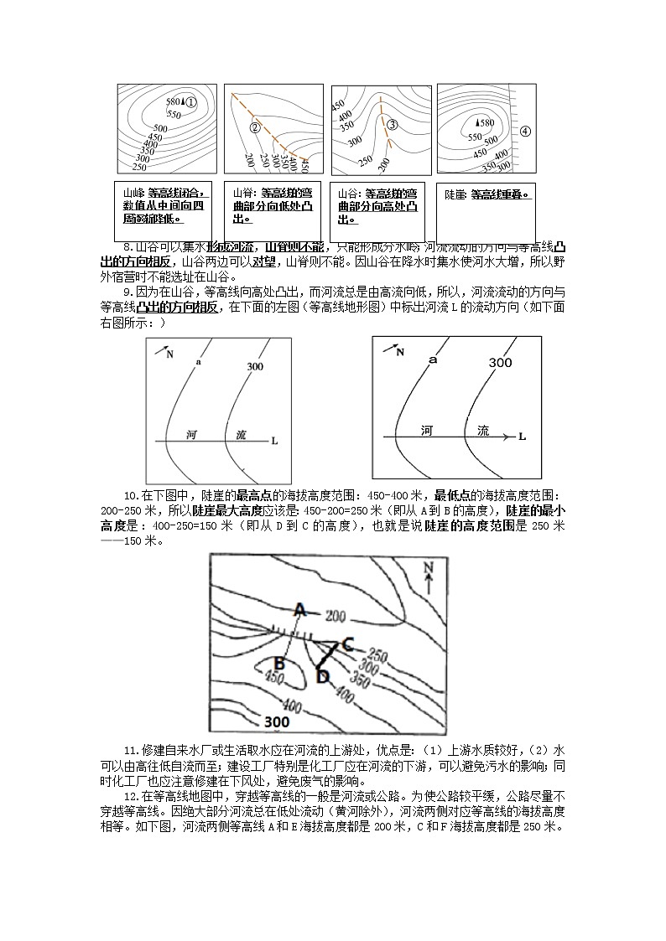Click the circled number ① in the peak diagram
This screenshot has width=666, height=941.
pyautogui.click(x=191, y=101)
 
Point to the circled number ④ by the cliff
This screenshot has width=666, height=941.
pyautogui.click(x=525, y=131)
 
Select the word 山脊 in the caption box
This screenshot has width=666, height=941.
pyautogui.click(x=242, y=193)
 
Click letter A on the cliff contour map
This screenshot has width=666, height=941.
pyautogui.click(x=299, y=609)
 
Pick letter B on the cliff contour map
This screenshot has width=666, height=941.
pyautogui.click(x=280, y=664)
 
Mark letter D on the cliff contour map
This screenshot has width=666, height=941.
pyautogui.click(x=323, y=676)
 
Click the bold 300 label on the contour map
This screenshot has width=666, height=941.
pyautogui.click(x=277, y=721)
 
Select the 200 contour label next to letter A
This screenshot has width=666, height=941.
pyautogui.click(x=336, y=617)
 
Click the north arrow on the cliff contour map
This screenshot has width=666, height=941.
pyautogui.click(x=429, y=577)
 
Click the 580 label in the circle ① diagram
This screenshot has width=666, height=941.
pyautogui.click(x=173, y=101)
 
